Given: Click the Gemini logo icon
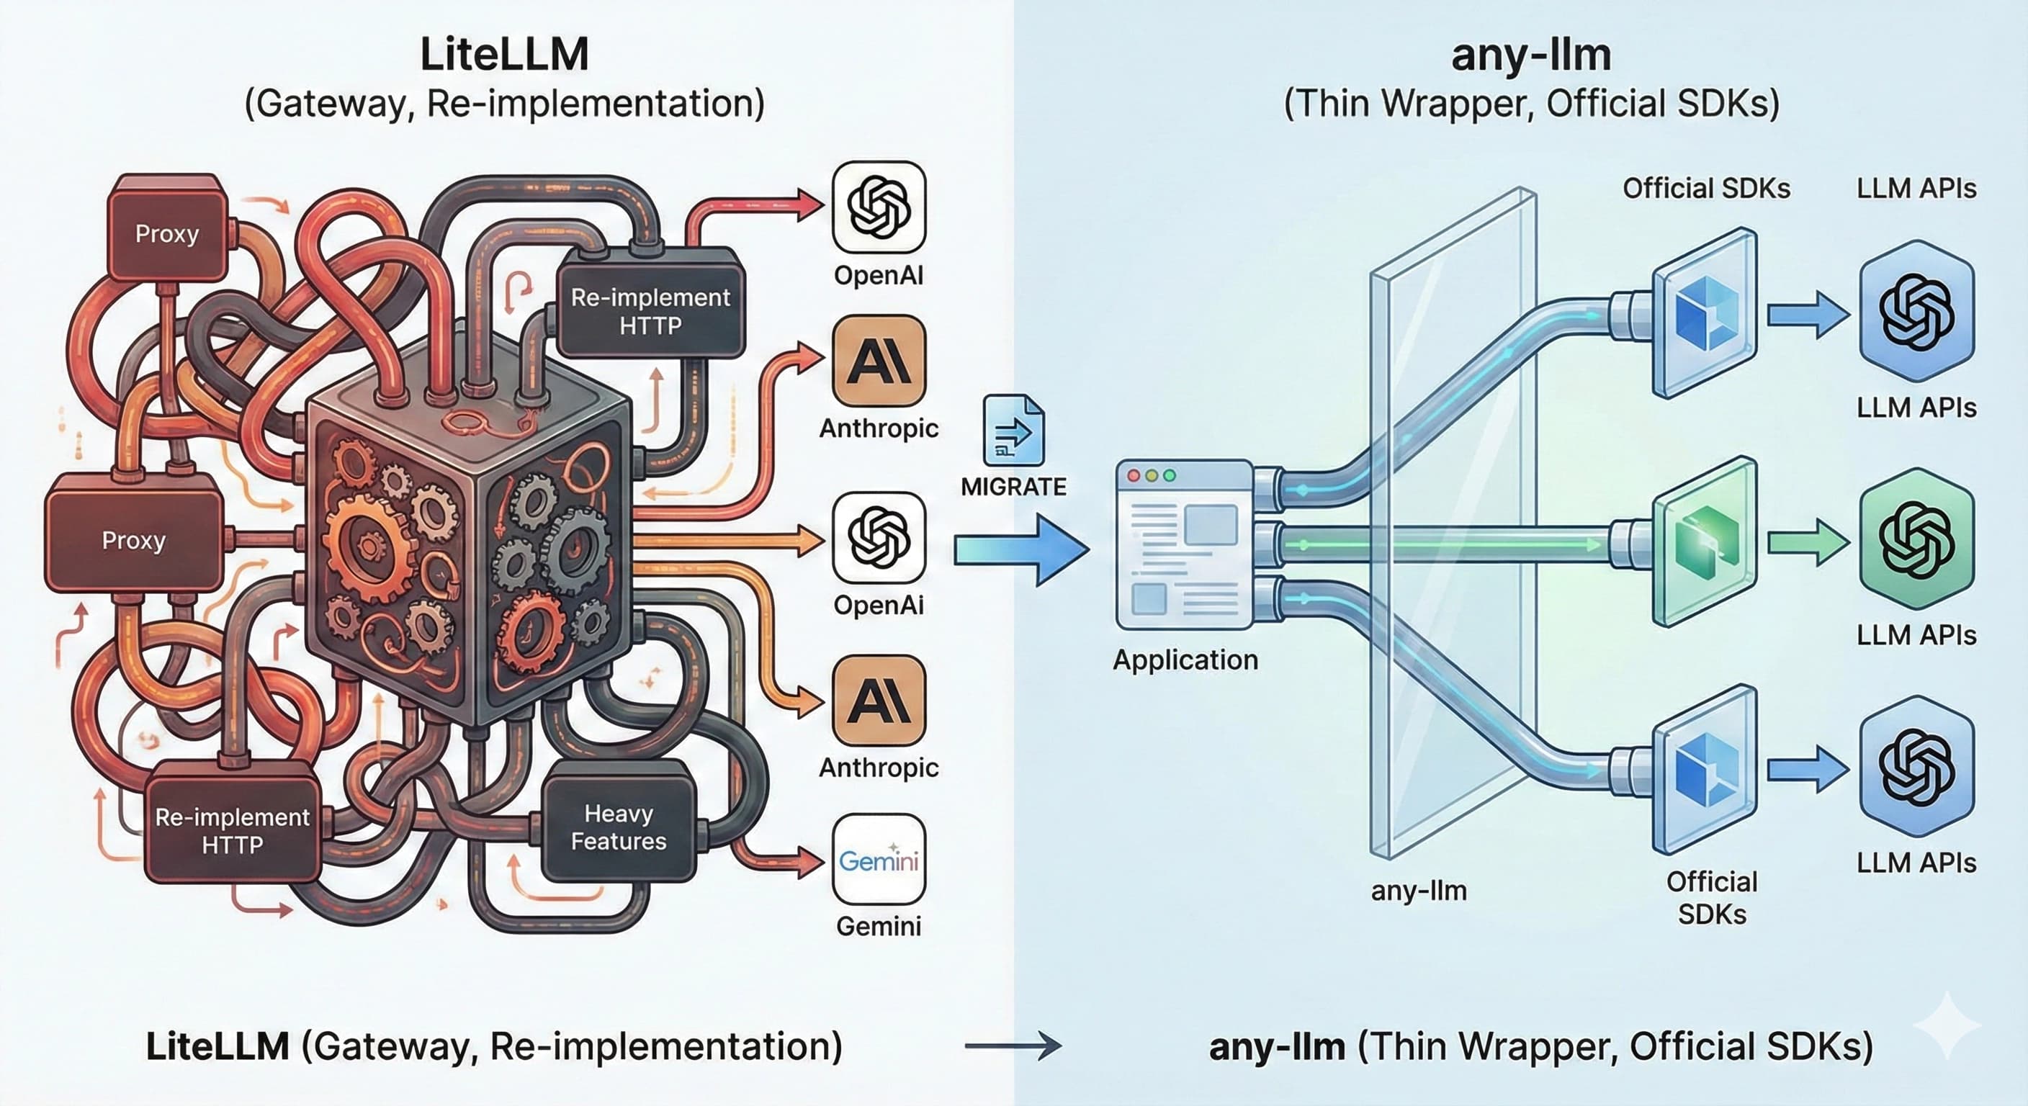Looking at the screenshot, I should [x=879, y=859].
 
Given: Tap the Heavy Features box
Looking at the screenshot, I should [x=619, y=827].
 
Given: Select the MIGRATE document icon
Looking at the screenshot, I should [x=1014, y=431].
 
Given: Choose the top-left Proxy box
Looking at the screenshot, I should [x=167, y=233].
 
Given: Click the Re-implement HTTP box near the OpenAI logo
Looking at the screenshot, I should [x=650, y=310].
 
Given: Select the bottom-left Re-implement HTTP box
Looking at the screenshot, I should [x=232, y=829].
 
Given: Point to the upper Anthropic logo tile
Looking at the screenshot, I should [x=879, y=361].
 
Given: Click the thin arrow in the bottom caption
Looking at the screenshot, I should [x=1013, y=1046].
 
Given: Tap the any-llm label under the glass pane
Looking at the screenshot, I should [x=1419, y=890].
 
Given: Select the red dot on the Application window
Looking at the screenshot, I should [x=1134, y=476].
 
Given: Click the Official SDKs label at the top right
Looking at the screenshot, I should [x=1706, y=188].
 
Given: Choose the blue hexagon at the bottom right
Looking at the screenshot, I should [x=1916, y=768].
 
